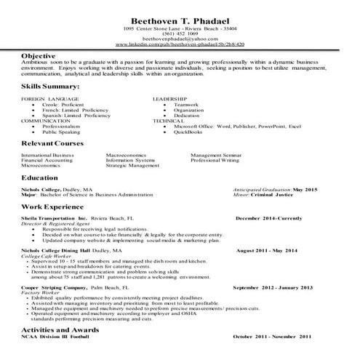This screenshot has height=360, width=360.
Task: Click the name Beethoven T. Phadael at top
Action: [x=180, y=20]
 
